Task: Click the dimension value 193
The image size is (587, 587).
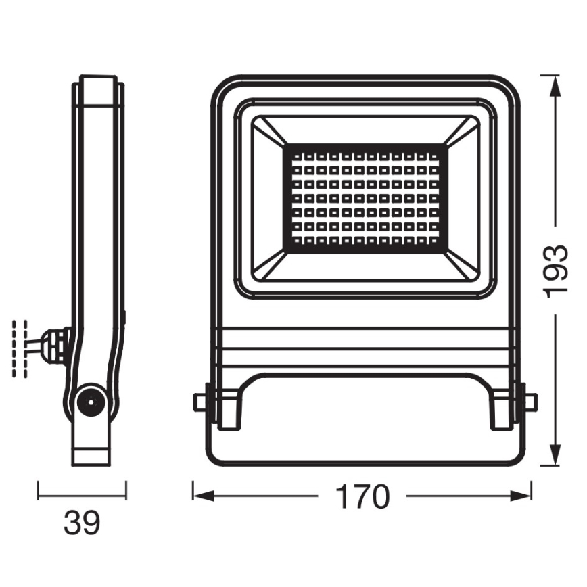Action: pyautogui.click(x=555, y=271)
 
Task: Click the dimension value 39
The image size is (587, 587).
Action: pyautogui.click(x=82, y=522)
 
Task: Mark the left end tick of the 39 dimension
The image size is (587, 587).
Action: pyautogui.click(x=38, y=490)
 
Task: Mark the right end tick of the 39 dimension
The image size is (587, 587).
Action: pyautogui.click(x=126, y=490)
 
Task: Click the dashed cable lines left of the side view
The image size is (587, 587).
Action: pyautogui.click(x=20, y=348)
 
